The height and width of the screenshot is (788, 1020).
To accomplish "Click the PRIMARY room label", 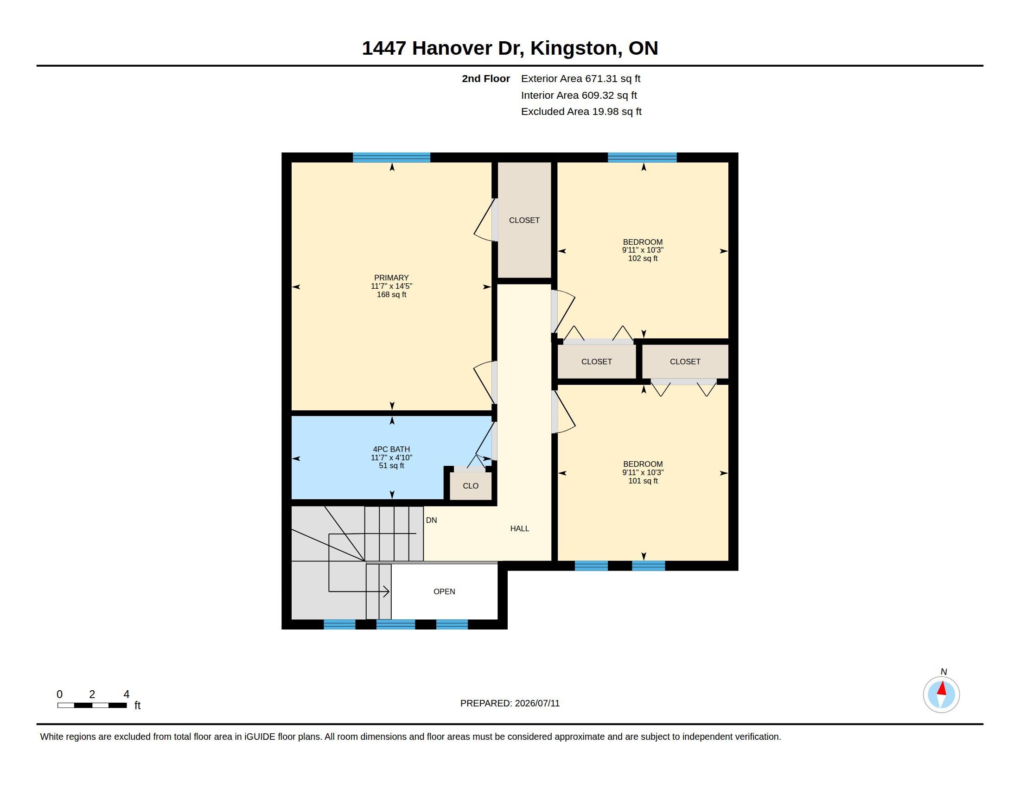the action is (x=391, y=278).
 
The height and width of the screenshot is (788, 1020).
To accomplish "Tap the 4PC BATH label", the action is (x=391, y=449).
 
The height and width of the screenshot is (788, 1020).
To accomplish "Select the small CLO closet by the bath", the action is (x=471, y=486).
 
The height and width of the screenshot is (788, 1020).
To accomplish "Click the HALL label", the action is (x=519, y=528).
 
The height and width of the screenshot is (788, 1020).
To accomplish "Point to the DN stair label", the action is (x=431, y=520).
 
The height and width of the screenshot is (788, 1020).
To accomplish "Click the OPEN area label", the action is (x=444, y=591).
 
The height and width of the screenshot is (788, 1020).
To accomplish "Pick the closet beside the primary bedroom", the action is (x=524, y=220).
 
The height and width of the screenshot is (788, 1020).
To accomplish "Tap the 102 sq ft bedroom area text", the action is (x=643, y=258).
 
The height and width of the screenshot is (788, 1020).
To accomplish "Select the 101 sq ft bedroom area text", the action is (x=643, y=481).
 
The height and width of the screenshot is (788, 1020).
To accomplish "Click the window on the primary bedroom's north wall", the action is (x=391, y=157).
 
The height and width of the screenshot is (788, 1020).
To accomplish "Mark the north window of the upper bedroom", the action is (x=642, y=157).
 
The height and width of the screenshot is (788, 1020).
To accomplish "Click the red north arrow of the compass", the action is (x=942, y=688).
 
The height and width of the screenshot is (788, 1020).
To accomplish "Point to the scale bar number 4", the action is (x=126, y=694).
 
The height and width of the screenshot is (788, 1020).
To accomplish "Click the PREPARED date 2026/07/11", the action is (x=537, y=703).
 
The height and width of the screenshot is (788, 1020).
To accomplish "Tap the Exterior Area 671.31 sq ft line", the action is (x=580, y=78).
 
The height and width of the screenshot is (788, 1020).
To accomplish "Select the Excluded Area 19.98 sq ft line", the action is (x=581, y=111).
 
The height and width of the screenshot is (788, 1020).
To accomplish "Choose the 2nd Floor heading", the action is (x=486, y=78).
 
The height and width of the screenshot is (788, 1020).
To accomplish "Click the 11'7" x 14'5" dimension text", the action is (x=391, y=286).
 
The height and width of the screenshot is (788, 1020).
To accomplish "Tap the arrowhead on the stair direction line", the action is (x=387, y=591).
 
